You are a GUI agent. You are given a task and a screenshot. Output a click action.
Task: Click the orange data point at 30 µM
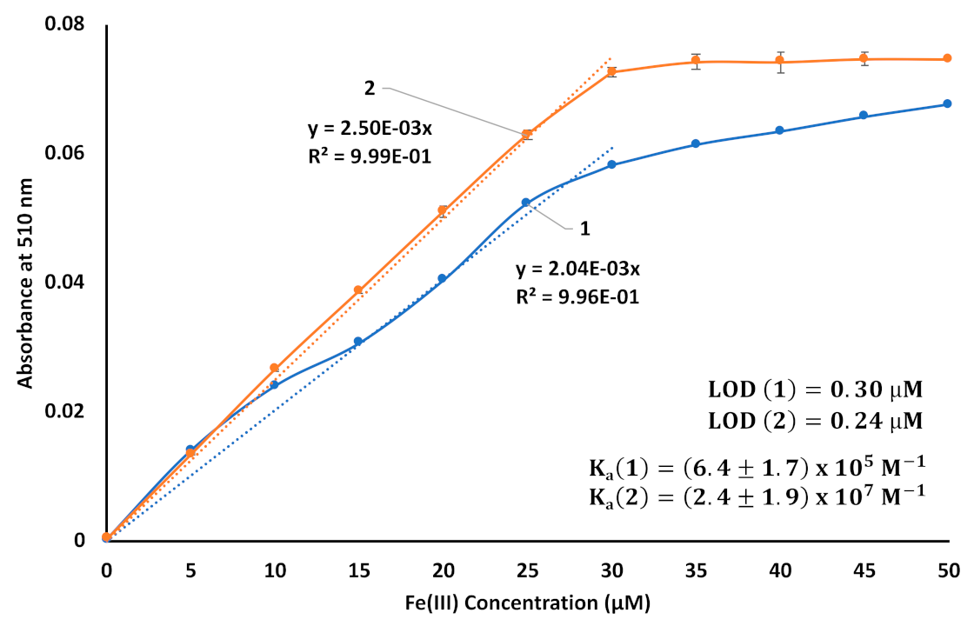pos(611,71)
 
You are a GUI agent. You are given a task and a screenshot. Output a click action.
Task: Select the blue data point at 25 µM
pos(526,202)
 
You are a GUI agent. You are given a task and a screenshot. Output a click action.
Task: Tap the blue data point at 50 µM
pos(947,103)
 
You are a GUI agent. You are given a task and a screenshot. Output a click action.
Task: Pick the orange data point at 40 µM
pos(779,61)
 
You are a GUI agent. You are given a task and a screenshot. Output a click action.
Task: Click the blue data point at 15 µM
pos(357,342)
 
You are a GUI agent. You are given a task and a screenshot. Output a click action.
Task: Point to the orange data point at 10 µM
pos(274,368)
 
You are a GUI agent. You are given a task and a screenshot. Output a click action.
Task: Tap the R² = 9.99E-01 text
pos(370,156)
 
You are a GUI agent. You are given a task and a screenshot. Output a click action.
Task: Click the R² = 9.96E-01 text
pos(577,296)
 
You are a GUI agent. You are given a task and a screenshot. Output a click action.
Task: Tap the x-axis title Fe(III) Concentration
pos(527,601)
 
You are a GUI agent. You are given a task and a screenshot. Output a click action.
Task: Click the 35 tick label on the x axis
pos(696,569)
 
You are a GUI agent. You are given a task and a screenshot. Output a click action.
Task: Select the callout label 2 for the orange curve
pos(370,88)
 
